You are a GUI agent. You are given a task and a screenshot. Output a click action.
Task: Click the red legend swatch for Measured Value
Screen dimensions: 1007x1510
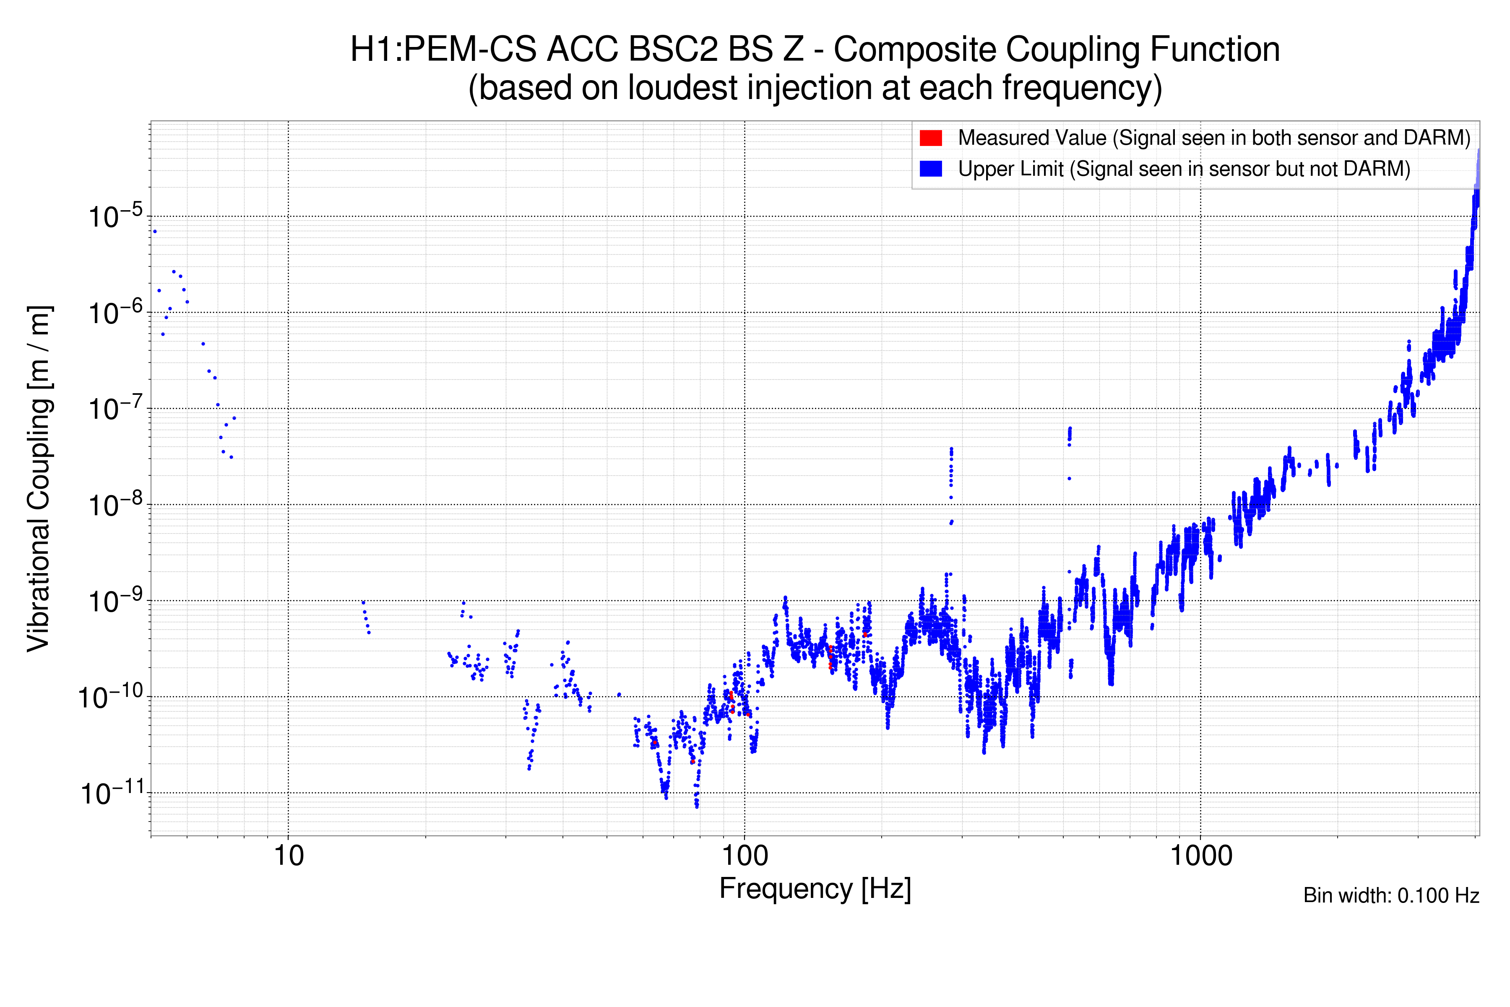tap(930, 138)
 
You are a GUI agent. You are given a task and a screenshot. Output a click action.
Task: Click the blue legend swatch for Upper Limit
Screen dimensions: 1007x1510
tap(930, 169)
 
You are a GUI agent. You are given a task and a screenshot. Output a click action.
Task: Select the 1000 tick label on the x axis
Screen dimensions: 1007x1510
tap(1200, 856)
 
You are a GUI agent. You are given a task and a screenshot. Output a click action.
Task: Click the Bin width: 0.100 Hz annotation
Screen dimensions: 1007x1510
tap(1390, 895)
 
